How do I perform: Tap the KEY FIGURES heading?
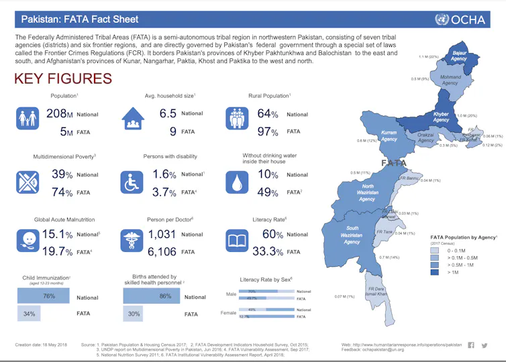64,78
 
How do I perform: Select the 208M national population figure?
59,114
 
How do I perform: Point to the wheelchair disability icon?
132,182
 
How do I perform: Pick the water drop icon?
238,182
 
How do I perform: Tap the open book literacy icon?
238,242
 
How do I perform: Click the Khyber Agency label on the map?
441,117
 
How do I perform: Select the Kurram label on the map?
389,136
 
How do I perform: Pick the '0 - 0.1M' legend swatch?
438,250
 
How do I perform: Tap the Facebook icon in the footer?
470,345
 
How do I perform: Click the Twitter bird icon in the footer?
484,345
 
